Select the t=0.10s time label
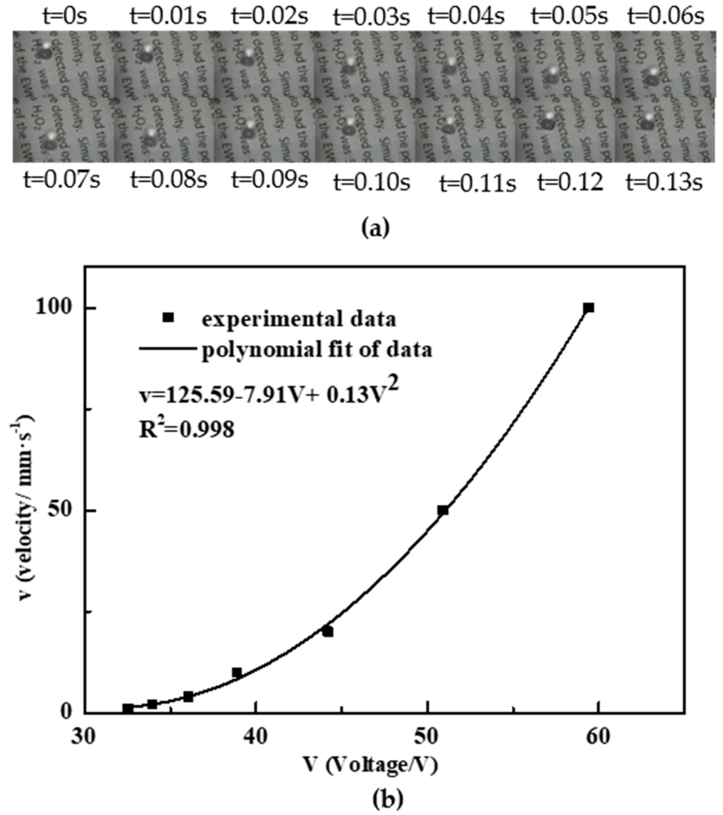tap(372, 183)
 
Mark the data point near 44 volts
tap(328, 632)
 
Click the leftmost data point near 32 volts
tap(128, 708)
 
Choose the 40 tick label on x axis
tap(256, 737)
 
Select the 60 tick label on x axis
tap(598, 737)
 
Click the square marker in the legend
tap(168, 317)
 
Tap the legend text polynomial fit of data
tap(317, 350)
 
